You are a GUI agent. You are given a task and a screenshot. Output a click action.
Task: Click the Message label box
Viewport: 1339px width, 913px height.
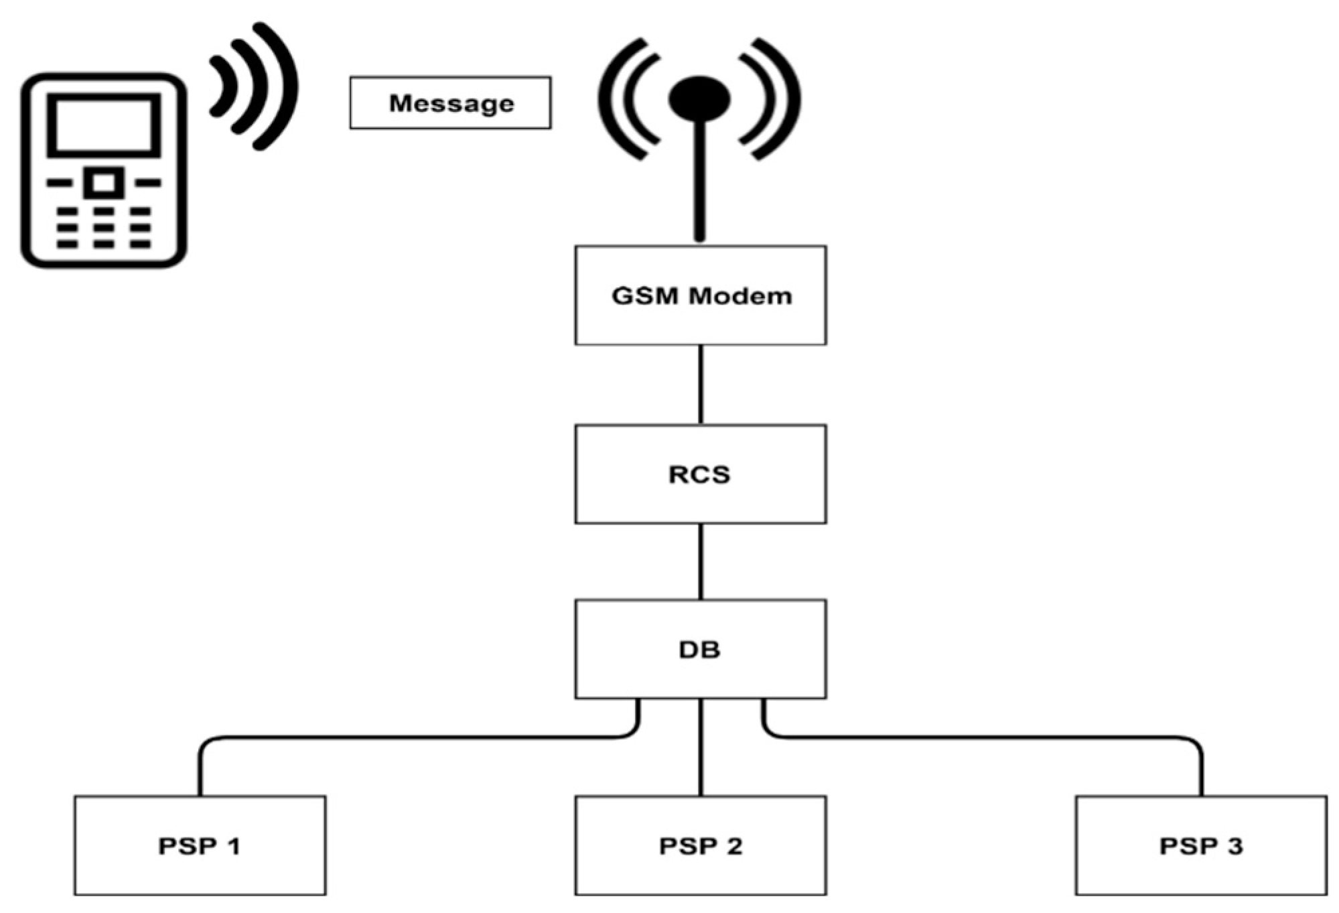450,102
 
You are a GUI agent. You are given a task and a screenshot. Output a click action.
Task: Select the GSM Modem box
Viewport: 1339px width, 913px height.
700,295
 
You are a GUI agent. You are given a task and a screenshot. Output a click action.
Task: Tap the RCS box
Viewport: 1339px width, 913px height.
700,474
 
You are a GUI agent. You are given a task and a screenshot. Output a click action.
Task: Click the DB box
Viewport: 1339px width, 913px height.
700,648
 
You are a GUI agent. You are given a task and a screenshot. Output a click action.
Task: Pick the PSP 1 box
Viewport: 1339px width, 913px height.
200,845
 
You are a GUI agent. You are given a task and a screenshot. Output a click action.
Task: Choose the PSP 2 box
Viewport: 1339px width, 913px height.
700,845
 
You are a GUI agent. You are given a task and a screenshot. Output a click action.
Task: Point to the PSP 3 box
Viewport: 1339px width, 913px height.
1200,845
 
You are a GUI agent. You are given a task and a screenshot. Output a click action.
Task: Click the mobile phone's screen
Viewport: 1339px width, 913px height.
103,125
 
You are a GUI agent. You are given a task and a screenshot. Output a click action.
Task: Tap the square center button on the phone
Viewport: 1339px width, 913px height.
103,183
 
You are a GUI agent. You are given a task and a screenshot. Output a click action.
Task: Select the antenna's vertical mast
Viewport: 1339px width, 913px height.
699,188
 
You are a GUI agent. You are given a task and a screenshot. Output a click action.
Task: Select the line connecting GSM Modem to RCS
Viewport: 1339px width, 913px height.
701,384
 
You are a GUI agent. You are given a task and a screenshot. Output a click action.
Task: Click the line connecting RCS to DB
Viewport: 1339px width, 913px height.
701,561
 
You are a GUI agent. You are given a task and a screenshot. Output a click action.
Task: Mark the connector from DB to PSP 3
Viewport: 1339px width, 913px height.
985,738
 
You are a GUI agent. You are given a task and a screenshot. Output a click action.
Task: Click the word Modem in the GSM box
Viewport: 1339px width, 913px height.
740,295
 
